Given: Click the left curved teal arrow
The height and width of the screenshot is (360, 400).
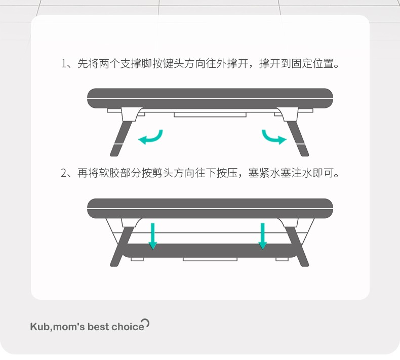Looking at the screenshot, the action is (x=152, y=139).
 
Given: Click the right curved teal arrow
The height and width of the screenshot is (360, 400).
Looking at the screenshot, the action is (x=272, y=139).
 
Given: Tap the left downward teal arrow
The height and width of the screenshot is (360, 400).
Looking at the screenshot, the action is (x=152, y=236).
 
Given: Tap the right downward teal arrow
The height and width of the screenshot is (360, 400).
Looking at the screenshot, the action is (x=262, y=236).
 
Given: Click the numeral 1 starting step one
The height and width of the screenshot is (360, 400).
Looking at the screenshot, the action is (x=64, y=63).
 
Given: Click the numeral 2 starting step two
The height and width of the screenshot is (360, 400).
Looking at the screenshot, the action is (x=64, y=173).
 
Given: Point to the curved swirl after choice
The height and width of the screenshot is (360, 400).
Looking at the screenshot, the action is (x=146, y=323).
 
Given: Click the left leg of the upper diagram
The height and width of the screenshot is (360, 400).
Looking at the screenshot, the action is (x=121, y=139).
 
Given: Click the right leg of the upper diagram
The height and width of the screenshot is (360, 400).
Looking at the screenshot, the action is (x=298, y=139).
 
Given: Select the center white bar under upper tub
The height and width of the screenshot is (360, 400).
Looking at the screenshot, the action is (x=210, y=114).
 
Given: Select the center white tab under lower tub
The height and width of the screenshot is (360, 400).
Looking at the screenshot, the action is (x=210, y=259).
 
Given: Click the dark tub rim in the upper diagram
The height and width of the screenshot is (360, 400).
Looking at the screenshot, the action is (x=210, y=99).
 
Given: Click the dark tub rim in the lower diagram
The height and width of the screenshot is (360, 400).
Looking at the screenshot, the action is (x=210, y=209).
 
